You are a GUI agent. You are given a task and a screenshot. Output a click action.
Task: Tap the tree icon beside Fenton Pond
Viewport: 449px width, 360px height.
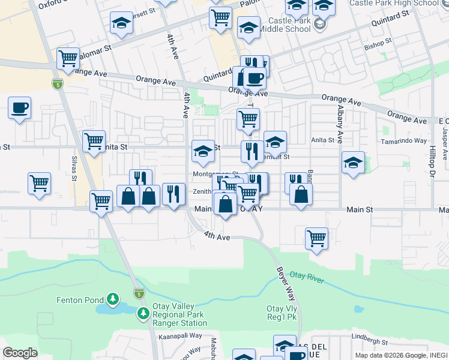pyautogui.click(x=112, y=299)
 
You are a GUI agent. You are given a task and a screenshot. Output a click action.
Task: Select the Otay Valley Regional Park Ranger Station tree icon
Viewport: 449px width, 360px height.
pyautogui.click(x=143, y=313)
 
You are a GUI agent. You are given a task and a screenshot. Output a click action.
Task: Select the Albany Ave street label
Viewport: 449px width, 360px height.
pyautogui.click(x=340, y=128)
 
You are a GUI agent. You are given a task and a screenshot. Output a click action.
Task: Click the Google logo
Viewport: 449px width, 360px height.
pyautogui.click(x=20, y=352)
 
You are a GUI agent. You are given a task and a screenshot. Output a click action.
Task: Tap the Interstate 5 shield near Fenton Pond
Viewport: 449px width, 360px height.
pyautogui.click(x=139, y=293)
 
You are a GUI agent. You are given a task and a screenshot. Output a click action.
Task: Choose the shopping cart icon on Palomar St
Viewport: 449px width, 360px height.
pyautogui.click(x=68, y=59)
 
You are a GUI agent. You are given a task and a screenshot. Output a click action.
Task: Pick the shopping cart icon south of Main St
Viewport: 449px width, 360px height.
pyautogui.click(x=316, y=238)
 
